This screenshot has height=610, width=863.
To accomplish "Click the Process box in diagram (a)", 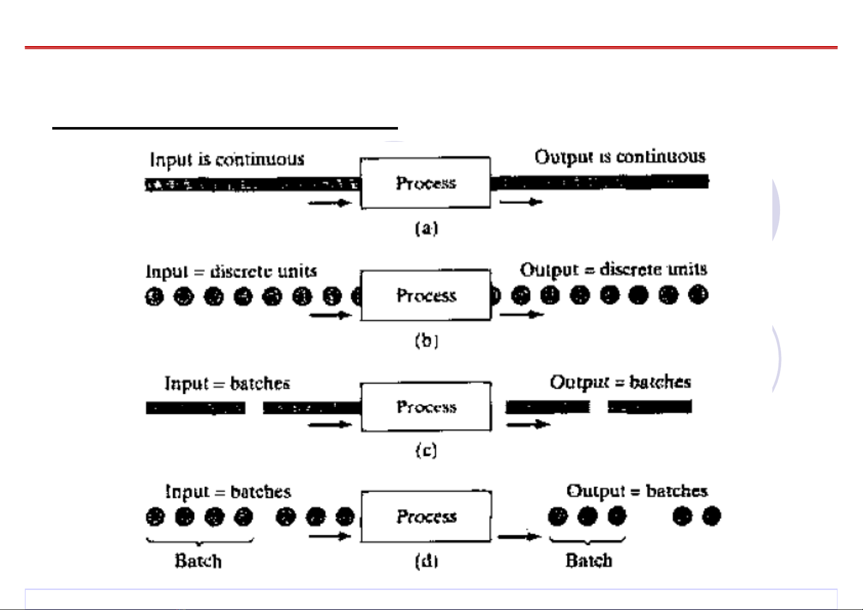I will pos(426,183).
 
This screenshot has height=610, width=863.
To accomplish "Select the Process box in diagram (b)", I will pos(426,296).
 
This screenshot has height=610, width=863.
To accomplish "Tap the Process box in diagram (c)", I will pos(426,407).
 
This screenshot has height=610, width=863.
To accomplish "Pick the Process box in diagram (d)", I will pos(426,516).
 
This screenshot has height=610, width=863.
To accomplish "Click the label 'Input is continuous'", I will pos(227,160).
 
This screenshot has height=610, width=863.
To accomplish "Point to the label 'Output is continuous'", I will pos(620,157).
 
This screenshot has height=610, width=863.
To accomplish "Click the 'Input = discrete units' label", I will pos(231,271).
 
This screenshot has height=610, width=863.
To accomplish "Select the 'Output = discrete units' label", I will pos(613,269).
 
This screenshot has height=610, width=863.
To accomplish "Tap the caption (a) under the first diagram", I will pos(426,228).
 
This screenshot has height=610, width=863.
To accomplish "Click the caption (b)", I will pos(426,341).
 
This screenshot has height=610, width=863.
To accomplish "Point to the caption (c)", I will pos(426,450).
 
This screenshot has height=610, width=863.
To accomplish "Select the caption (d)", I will pos(426,561).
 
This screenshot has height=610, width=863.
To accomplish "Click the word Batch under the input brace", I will pos(198,561).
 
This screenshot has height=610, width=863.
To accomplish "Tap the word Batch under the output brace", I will pos(588,561).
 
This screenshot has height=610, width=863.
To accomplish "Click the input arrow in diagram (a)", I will pos(329,203).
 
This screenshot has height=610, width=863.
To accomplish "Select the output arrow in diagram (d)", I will pos(519,537).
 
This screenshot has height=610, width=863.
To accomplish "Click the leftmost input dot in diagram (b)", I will pos(154,297).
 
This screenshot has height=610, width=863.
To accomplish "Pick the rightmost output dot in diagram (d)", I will pos(711,516).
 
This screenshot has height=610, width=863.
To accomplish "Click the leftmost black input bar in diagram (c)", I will pos(195,408).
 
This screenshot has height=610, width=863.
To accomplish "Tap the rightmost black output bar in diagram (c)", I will pos(649,407).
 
